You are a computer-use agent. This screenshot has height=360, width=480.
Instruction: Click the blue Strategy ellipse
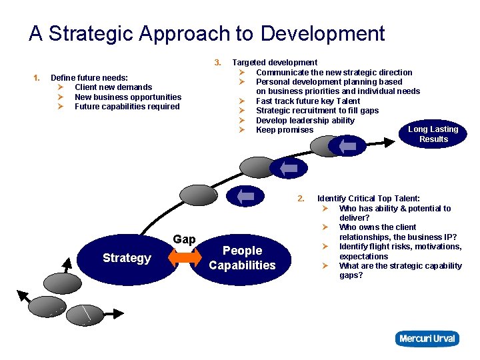(127, 258)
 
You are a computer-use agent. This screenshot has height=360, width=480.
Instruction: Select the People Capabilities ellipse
(242, 258)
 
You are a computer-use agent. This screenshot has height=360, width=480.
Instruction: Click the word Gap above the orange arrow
(184, 239)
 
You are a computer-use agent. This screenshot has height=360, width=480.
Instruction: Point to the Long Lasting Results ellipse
(433, 134)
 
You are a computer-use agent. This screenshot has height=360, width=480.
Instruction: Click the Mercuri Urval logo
(427, 339)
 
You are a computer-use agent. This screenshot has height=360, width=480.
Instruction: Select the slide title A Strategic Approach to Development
(207, 33)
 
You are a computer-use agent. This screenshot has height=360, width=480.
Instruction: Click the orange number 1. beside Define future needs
(37, 78)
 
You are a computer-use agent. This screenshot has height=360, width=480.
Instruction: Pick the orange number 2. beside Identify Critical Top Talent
(301, 199)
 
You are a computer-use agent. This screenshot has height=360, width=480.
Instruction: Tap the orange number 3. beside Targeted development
(217, 63)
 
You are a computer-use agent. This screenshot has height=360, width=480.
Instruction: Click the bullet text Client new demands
(113, 87)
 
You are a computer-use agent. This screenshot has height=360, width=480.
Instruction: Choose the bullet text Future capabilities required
(127, 107)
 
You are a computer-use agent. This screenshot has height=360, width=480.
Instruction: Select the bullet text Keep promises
(285, 130)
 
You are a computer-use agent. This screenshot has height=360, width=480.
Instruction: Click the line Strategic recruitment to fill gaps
(317, 111)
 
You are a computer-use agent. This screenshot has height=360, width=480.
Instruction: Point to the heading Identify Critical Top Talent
(369, 199)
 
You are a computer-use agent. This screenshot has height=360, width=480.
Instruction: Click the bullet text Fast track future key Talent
(308, 101)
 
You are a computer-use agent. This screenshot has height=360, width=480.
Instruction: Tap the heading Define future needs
(89, 78)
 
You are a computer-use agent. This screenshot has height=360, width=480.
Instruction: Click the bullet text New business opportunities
(128, 97)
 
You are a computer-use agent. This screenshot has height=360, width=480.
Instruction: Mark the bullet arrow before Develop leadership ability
(243, 121)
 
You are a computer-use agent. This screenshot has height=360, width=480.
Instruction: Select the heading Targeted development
(275, 63)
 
